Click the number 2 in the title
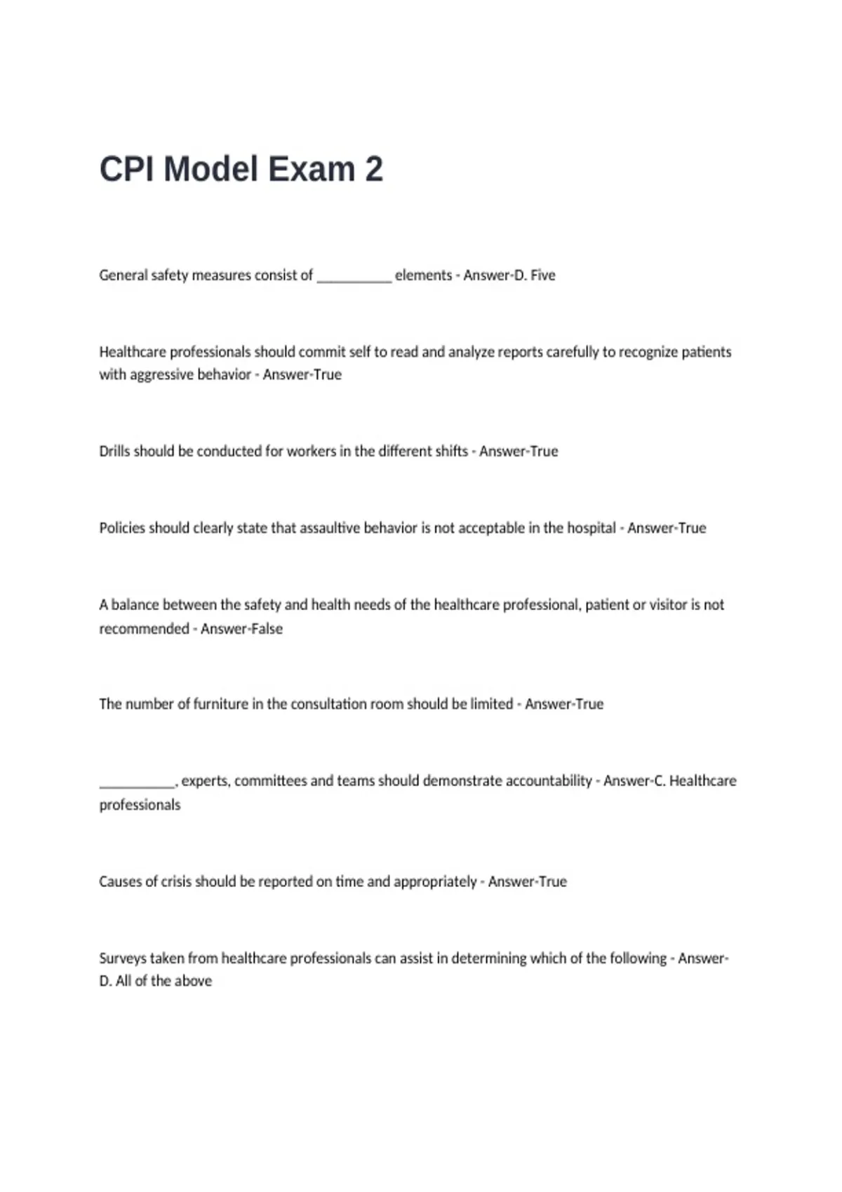click(373, 170)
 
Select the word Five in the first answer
click(542, 276)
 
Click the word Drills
click(114, 452)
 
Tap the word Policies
click(121, 528)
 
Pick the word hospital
click(591, 528)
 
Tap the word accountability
click(549, 781)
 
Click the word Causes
click(119, 882)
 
